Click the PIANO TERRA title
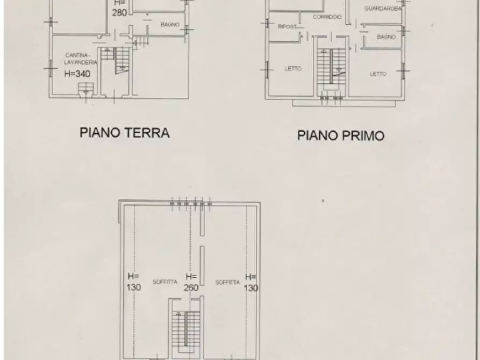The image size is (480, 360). [124, 133]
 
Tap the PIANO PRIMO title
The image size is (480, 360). [341, 135]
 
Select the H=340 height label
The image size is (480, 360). [77, 74]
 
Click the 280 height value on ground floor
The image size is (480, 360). [120, 13]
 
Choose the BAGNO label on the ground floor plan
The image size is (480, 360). [170, 25]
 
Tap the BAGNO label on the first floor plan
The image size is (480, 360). [386, 37]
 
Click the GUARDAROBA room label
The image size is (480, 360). [383, 9]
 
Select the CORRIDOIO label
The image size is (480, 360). [327, 17]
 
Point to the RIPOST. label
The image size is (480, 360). [288, 26]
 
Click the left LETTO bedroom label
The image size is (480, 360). [293, 69]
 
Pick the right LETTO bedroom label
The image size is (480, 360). [378, 74]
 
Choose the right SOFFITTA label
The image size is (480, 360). [225, 282]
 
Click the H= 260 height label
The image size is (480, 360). [191, 282]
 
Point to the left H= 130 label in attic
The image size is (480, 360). [133, 282]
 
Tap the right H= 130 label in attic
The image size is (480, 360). [250, 282]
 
